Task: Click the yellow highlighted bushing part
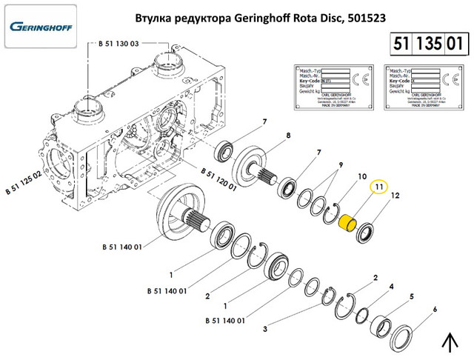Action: coord(349,222)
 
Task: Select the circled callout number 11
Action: coord(379,188)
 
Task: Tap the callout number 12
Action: coord(395,196)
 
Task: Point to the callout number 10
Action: coord(363,177)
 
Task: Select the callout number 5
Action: coord(412,297)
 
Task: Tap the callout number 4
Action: coord(392,286)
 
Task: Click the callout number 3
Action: coord(264,327)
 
